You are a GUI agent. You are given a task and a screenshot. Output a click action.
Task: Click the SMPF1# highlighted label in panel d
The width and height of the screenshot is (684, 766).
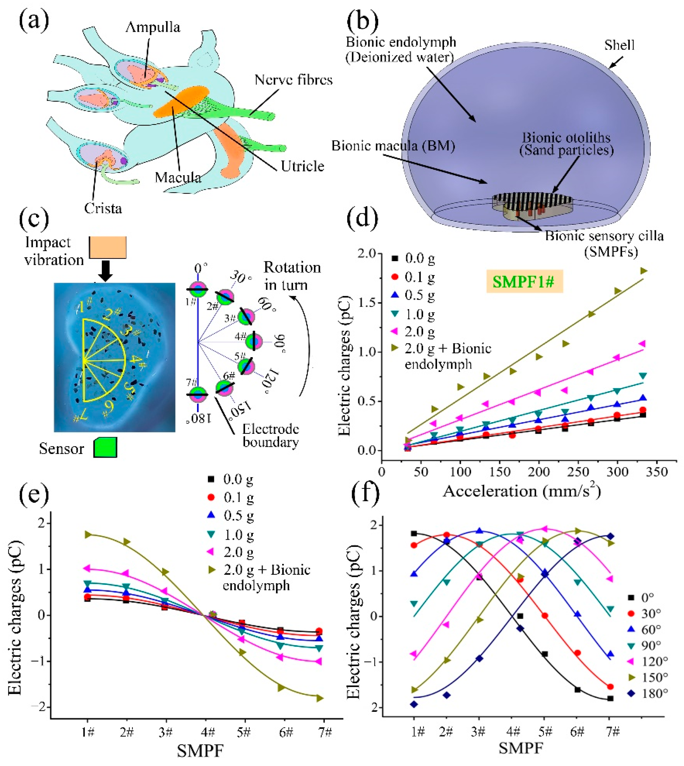pyautogui.click(x=524, y=282)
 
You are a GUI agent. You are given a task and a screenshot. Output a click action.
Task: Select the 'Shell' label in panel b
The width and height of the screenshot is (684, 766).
pyautogui.click(x=619, y=45)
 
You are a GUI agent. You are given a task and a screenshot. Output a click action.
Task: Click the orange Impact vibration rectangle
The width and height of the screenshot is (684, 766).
pyautogui.click(x=108, y=247)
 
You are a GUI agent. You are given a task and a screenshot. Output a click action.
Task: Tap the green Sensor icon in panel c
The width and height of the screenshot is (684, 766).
pyautogui.click(x=105, y=447)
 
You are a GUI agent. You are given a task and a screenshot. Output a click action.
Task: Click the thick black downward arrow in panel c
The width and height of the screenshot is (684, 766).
pyautogui.click(x=106, y=270)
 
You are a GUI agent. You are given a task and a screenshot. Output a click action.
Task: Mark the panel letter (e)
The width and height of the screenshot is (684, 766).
pyautogui.click(x=34, y=495)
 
